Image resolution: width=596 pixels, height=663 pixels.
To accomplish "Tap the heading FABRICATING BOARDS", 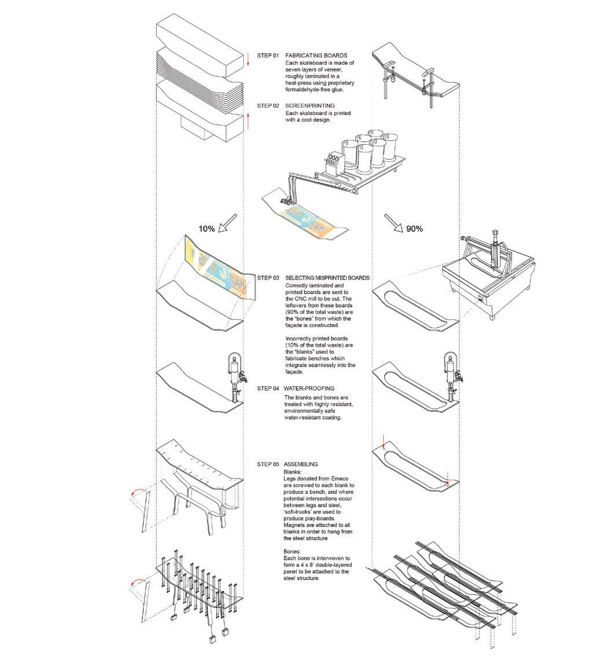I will coord(316,56).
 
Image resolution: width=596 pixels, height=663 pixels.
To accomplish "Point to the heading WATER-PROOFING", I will coord(310,389).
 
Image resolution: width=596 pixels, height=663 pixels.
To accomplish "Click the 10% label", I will coord(207,229).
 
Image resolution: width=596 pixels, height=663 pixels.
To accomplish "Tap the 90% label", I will coord(414,229).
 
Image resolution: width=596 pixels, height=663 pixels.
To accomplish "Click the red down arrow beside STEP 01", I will coord(248,58).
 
